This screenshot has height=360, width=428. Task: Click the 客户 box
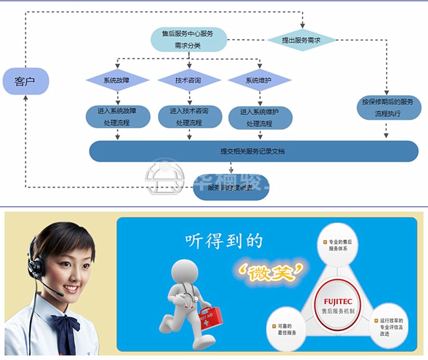[x=26, y=81]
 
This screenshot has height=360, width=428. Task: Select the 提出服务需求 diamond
[x=301, y=40]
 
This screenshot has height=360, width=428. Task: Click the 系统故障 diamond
[x=117, y=80]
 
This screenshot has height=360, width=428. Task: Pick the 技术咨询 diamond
[x=188, y=80]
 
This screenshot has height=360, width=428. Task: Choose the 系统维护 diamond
[x=260, y=80]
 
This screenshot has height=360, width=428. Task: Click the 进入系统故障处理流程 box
[x=117, y=116]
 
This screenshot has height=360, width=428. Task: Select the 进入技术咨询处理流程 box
[x=188, y=116]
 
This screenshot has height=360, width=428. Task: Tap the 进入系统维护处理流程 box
[x=260, y=117]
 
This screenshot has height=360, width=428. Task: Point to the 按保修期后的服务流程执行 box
[x=387, y=107]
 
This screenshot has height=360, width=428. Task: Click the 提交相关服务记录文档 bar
[x=253, y=151]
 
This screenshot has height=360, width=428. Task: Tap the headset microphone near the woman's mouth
[x=58, y=293]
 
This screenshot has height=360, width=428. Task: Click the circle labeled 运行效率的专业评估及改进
[x=391, y=327]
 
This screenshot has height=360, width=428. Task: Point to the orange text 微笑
[x=270, y=270]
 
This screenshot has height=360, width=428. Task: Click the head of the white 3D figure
[x=189, y=272]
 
